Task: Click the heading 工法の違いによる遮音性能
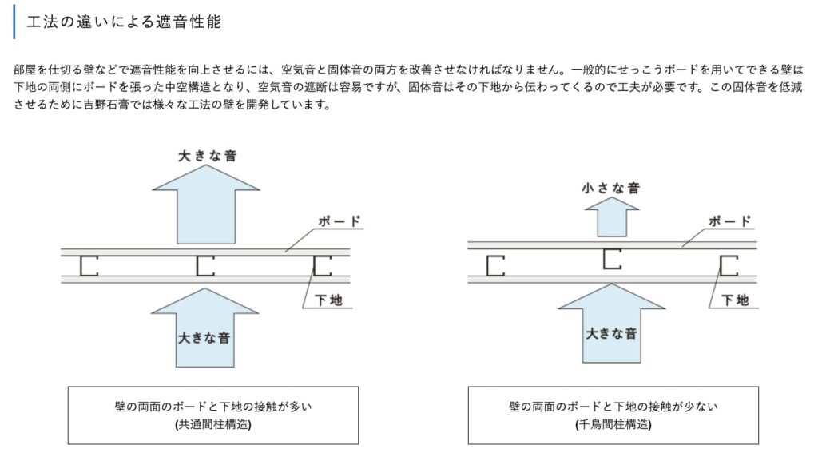click(x=124, y=22)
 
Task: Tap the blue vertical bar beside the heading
click(x=14, y=22)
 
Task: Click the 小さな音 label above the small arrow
click(x=611, y=188)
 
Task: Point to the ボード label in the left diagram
click(x=340, y=221)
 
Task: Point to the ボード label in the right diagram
click(x=730, y=221)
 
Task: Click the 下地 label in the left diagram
click(x=328, y=300)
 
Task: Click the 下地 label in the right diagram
click(x=735, y=300)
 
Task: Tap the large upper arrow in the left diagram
click(x=206, y=205)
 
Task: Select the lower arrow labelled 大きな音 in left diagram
click(x=205, y=328)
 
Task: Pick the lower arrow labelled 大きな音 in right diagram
click(x=611, y=324)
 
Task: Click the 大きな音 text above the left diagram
click(x=208, y=156)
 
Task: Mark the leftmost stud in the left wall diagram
click(x=88, y=266)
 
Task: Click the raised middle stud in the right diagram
click(x=611, y=259)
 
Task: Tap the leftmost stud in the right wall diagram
click(x=494, y=266)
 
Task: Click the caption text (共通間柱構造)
click(x=213, y=424)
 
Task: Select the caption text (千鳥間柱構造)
click(x=613, y=424)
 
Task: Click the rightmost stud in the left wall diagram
click(x=321, y=266)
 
